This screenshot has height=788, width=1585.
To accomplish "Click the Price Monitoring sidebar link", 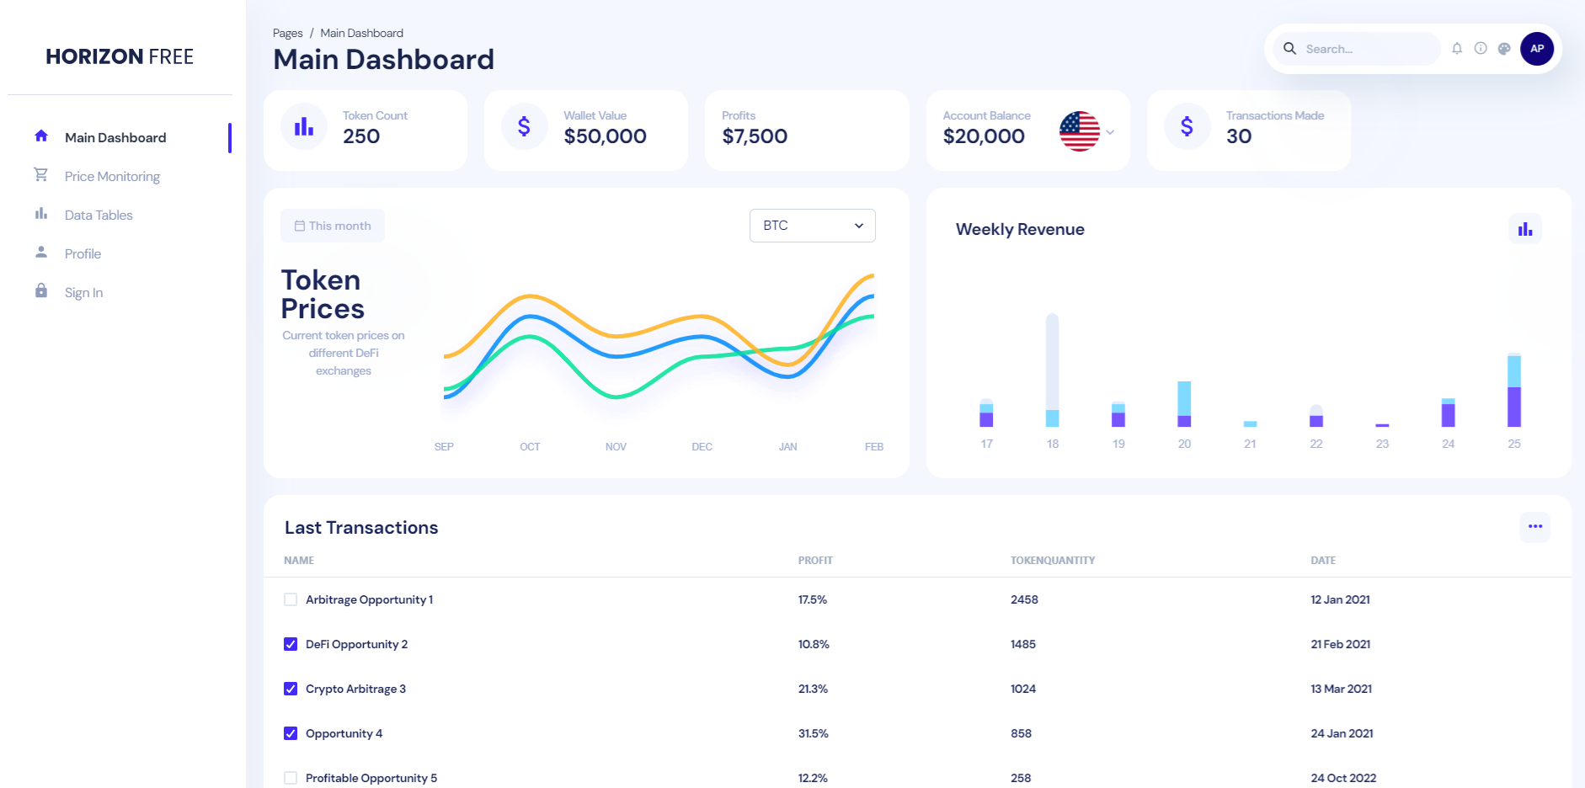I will point(112,177).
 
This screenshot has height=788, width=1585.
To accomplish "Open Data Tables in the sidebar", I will point(99,216).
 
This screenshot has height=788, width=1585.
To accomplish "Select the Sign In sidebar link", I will point(83,293).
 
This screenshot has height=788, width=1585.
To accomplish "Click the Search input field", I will point(1369,49).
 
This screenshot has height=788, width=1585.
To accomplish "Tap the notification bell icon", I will point(1457,49).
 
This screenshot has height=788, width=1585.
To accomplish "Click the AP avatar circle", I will point(1537,49).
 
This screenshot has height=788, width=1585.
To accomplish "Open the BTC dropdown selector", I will point(813,226).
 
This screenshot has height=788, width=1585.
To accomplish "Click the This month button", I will point(333,226).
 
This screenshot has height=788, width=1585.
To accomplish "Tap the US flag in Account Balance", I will point(1080,131).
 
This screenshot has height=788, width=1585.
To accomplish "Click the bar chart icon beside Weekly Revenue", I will point(1525,229).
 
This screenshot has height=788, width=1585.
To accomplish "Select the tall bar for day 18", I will point(1053,370).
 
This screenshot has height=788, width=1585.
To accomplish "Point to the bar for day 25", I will point(1514,391).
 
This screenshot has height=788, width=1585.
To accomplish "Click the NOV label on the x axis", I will point(616,447).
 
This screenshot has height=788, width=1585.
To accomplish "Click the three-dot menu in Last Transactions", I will point(1535,527).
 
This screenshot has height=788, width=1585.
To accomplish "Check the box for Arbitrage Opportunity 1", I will point(291,600).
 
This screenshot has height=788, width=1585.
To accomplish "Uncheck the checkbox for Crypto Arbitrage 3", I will point(291,689).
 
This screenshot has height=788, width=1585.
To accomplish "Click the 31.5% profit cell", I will point(814,734).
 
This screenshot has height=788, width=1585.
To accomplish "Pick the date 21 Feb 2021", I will point(1341,645).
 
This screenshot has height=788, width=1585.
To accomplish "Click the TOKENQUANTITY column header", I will point(1053,561).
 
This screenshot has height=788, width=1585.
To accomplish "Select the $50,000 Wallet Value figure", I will point(606,136).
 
